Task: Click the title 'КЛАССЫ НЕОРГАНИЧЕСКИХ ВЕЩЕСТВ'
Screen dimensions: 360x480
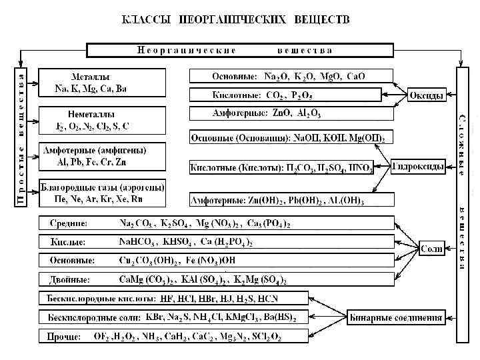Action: [x=235, y=19]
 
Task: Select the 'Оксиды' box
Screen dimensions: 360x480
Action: [x=426, y=95]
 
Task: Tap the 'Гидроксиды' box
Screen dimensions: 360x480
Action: [x=418, y=167]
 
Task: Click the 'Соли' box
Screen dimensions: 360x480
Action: [x=431, y=248]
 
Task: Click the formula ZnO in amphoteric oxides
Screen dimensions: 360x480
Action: [x=283, y=114]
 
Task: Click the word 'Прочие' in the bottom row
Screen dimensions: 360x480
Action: [x=64, y=337]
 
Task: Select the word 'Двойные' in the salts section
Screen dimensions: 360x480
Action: [x=70, y=279]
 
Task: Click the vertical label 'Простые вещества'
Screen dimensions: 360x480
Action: [x=21, y=140]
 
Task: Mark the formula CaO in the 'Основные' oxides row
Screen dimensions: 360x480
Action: [x=355, y=77]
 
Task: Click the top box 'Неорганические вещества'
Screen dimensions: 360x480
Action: [x=235, y=50]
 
